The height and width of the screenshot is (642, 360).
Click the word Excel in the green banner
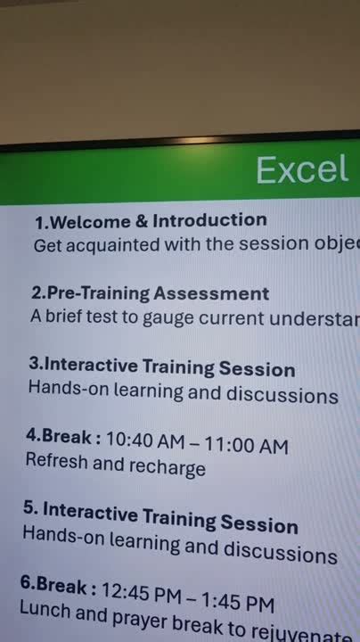(302, 169)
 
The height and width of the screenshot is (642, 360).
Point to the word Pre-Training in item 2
(98, 293)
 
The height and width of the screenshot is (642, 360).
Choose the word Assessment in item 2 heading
(211, 293)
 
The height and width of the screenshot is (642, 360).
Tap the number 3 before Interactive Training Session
(34, 365)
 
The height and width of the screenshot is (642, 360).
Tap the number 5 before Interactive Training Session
(29, 509)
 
